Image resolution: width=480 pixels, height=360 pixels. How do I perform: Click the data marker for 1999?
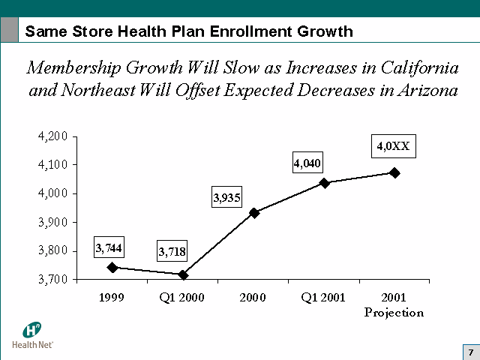pyautogui.click(x=112, y=267)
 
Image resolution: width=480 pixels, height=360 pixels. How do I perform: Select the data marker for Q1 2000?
pyautogui.click(x=183, y=274)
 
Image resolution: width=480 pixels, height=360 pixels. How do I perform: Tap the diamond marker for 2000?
pyautogui.click(x=254, y=213)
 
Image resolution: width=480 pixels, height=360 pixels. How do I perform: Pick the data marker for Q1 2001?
pyautogui.click(x=325, y=183)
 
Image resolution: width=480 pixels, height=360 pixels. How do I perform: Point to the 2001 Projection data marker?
pyautogui.click(x=394, y=173)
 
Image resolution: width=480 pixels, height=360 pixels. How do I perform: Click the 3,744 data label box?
pyautogui.click(x=109, y=247)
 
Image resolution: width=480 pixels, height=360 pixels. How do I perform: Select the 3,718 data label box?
pyautogui.click(x=172, y=251)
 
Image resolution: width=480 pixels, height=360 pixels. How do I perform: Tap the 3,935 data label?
pyautogui.click(x=227, y=198)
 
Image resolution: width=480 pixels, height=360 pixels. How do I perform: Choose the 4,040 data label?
pyautogui.click(x=307, y=163)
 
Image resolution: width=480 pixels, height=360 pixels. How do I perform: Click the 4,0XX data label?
pyautogui.click(x=392, y=146)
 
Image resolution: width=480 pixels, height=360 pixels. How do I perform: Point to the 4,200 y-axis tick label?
pyautogui.click(x=52, y=136)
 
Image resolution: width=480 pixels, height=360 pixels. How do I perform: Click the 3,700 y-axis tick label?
pyautogui.click(x=52, y=279)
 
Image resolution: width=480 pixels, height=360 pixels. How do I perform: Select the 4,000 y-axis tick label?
pyautogui.click(x=52, y=193)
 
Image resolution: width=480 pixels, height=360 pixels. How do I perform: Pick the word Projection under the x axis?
pyautogui.click(x=394, y=312)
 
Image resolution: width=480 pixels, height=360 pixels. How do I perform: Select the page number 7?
pyautogui.click(x=470, y=352)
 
